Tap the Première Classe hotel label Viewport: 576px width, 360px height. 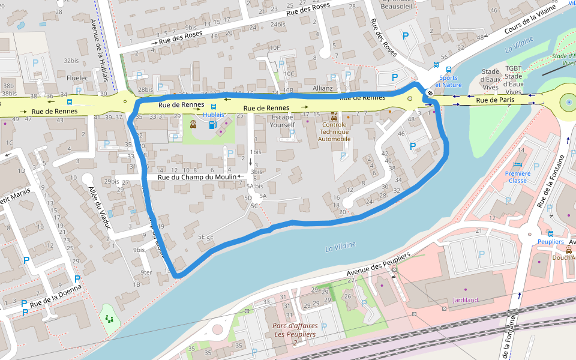click(518, 177)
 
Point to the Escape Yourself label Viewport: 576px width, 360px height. click(283, 121)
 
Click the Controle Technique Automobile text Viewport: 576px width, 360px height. click(334, 131)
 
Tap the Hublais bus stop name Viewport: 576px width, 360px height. click(214, 114)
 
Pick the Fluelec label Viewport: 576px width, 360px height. click(77, 78)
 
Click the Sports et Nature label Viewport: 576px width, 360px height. click(449, 81)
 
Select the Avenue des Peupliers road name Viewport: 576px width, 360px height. click(378, 265)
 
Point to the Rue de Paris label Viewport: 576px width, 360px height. click(495, 100)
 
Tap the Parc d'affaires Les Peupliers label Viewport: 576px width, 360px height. click(295, 330)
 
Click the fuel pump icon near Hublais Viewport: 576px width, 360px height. click(211, 125)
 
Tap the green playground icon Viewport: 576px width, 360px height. click(109, 318)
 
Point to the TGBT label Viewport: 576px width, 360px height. click(513, 68)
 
